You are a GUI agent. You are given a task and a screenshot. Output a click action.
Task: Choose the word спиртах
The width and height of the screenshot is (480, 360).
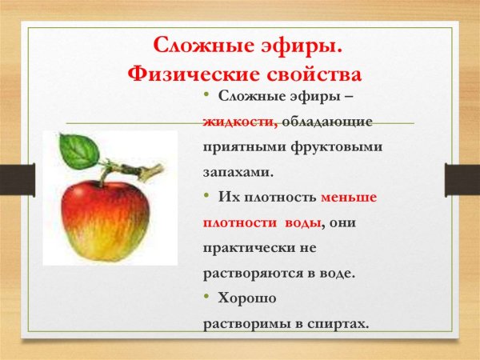340,323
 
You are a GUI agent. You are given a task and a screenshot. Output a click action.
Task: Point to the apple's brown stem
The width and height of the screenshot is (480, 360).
132,170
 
